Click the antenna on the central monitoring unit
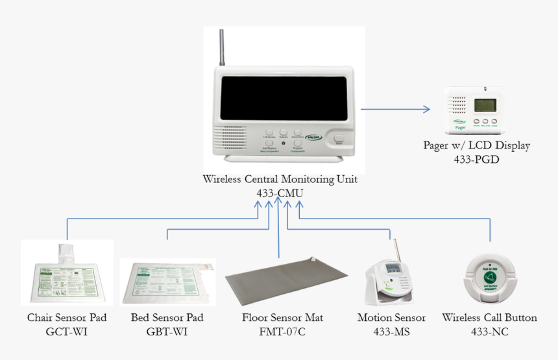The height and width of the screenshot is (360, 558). (221, 49)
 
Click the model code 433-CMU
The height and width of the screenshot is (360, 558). (280, 193)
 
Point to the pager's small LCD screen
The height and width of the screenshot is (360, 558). (485, 105)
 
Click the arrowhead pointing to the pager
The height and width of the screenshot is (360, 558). (426, 109)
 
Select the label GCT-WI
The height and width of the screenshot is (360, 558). (67, 332)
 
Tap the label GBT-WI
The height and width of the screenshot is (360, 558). (167, 332)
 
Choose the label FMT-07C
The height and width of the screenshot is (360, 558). (282, 332)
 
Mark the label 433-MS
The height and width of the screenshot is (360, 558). (391, 332)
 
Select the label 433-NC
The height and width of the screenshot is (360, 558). (489, 332)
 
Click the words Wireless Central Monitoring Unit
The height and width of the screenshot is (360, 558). (280, 179)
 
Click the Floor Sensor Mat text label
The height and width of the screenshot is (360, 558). (282, 318)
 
